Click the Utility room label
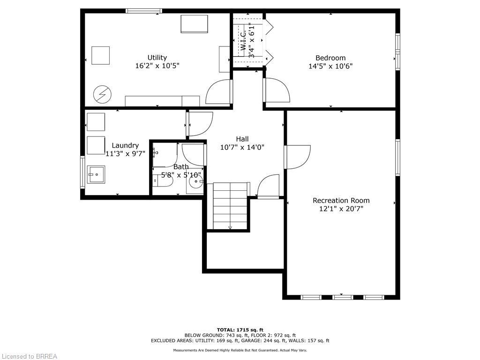[x=157, y=58]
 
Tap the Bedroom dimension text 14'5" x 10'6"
[x=330, y=67]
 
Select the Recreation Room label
[x=341, y=201]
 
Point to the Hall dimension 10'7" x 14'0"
[x=242, y=147]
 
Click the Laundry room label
[x=125, y=145]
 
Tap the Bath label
[x=181, y=167]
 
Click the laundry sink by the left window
[x=96, y=175]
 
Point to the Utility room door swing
[x=218, y=92]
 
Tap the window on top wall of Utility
[x=144, y=11]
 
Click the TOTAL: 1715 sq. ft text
[x=240, y=330]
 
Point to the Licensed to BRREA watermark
[x=29, y=356]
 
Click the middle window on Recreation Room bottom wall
[x=342, y=297]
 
